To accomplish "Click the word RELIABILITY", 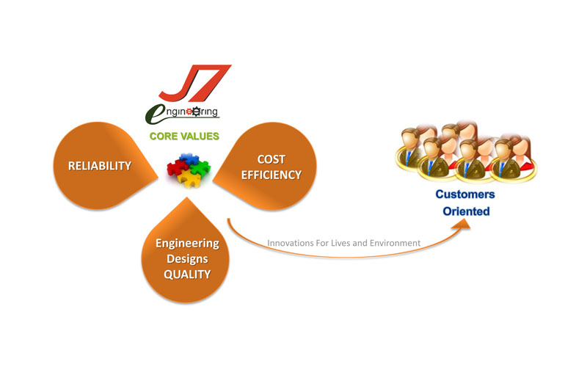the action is [100, 166].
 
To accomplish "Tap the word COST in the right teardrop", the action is [271, 159].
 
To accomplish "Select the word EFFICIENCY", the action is [271, 175].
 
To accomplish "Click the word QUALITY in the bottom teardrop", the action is [187, 275].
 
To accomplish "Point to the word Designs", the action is [187, 259].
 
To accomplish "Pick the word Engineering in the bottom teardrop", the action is [188, 244].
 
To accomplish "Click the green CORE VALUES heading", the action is [184, 136].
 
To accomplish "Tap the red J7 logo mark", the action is [194, 83].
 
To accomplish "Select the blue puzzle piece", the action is [189, 159].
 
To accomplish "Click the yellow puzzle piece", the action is [189, 179].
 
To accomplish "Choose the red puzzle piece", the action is [176, 167].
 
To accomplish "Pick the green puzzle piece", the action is [200, 167].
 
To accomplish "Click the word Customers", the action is [465, 195].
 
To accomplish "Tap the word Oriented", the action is [466, 211].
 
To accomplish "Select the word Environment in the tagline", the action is [395, 243].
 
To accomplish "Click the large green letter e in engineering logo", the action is [154, 115].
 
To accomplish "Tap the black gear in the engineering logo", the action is [197, 112].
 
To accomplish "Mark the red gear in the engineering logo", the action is [189, 112].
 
